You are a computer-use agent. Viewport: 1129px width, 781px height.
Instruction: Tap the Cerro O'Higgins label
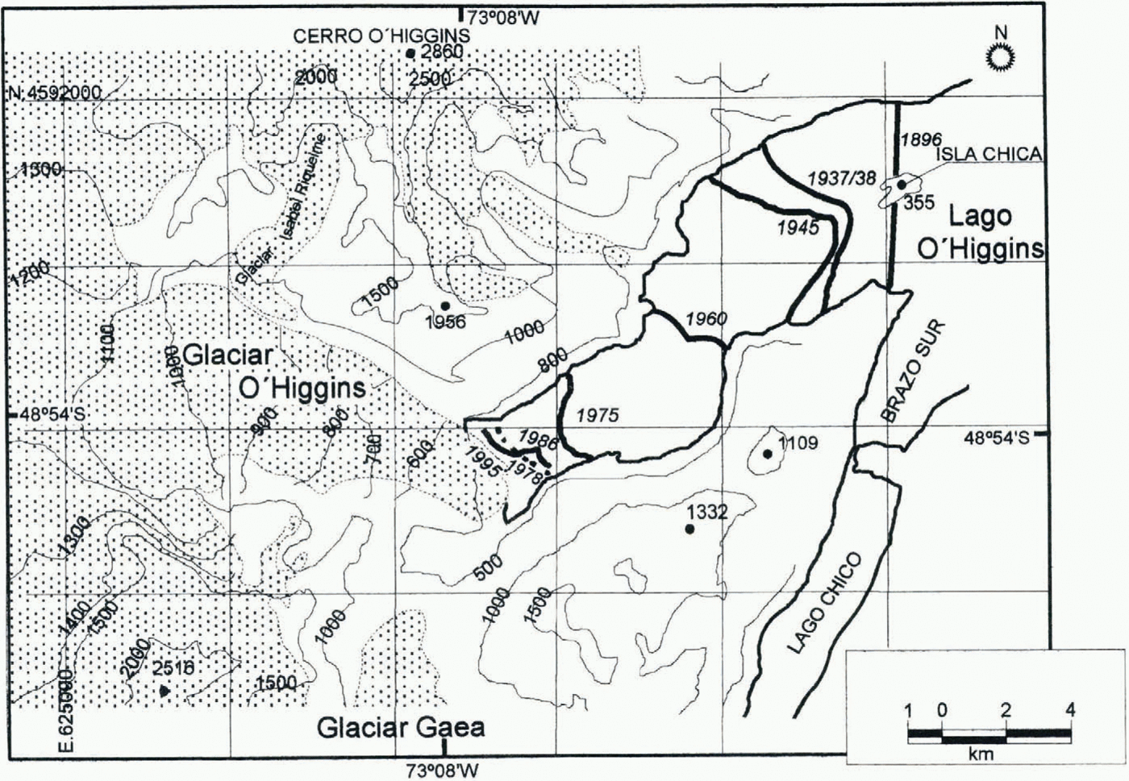click(381, 36)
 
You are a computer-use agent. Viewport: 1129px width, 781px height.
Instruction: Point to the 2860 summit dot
click(410, 53)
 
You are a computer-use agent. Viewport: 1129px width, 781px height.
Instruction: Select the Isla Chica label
click(1000, 154)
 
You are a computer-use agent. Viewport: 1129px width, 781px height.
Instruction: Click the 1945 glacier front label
click(798, 227)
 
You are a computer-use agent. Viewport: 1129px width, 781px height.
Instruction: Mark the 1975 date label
click(598, 415)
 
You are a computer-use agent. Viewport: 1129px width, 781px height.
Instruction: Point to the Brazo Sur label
click(911, 371)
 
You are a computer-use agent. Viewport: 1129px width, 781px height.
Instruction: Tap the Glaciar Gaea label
click(401, 728)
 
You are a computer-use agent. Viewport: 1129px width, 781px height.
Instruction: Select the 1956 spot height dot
click(445, 305)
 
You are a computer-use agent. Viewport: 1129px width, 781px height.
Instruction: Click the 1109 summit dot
click(768, 454)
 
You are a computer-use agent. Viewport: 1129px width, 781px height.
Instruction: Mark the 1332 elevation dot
click(689, 529)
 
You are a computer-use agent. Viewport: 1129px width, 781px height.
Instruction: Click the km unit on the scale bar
click(981, 755)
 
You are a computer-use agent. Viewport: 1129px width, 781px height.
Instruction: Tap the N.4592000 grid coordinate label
click(55, 93)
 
